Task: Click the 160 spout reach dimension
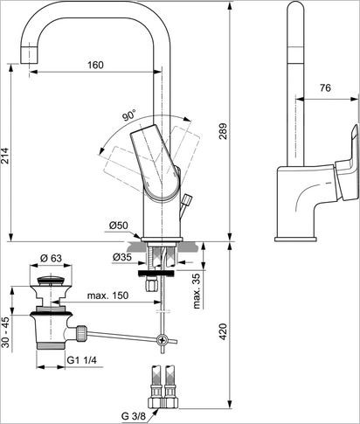pos(95,66)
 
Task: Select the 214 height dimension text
pos(7,156)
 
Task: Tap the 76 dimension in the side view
pos(323,87)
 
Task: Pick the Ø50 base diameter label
pos(119,226)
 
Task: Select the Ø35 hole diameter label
pos(121,257)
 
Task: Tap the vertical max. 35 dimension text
pos(197,288)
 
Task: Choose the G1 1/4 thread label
pos(84,358)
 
